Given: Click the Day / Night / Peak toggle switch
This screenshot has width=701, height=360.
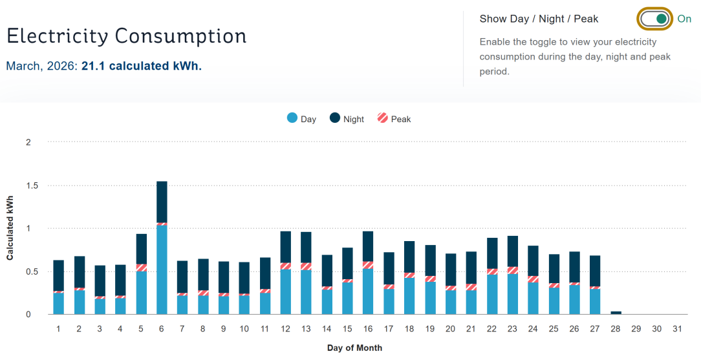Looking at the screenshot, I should pos(654,19).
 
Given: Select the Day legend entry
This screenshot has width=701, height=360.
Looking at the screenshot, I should pos(301,119).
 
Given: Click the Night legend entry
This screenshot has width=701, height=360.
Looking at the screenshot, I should pos(347,119).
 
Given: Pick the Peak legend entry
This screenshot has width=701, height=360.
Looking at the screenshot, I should pos(394,119).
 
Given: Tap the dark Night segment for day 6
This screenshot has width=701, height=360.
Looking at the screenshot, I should pos(162,202).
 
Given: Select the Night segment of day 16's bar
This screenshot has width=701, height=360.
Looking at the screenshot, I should pos(368,246).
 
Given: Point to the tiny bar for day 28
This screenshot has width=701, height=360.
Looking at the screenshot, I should pos(616,313).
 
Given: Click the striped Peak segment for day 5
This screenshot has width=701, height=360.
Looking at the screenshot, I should pos(141,268).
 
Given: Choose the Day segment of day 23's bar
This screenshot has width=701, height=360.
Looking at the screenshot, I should pos(513,294).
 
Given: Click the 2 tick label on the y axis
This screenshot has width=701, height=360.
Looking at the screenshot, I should pos(28,142).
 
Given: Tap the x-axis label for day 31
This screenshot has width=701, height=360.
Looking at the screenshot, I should pos(677,329).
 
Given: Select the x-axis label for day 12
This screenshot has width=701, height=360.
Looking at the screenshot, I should pos(285,329).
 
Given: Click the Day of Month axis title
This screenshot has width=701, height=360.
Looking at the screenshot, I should pos(354,348).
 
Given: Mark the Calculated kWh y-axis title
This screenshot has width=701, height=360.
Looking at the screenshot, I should pos(10,228).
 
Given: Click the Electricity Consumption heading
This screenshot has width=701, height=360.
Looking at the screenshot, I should pos(127,36).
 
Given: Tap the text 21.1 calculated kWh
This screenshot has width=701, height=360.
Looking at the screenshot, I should pos(141,66).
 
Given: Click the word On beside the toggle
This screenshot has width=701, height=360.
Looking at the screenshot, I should pos(684,19).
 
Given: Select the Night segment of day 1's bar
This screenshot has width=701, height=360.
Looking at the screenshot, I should pos(58,275).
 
